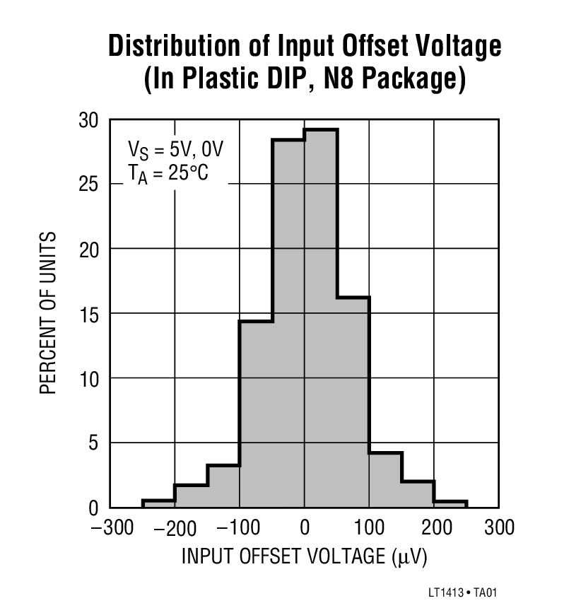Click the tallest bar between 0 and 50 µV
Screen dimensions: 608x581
(321, 318)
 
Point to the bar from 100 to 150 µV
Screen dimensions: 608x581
(385, 480)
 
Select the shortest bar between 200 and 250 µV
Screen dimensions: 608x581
(450, 504)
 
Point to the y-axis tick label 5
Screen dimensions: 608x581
(93, 443)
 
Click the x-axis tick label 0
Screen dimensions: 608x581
(305, 528)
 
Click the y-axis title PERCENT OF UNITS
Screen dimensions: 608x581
(47, 312)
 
